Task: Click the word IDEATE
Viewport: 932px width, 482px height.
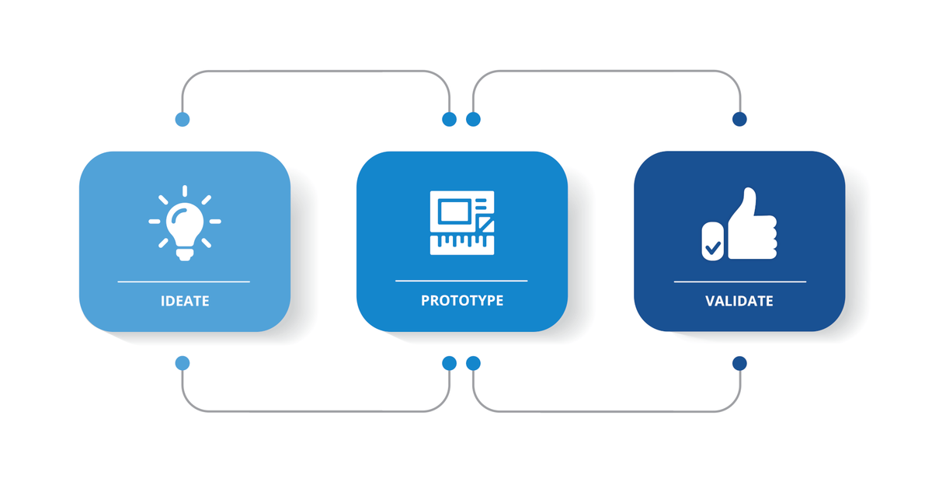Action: [185, 301]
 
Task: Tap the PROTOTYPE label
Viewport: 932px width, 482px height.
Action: [462, 300]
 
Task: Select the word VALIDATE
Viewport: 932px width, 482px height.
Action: [739, 301]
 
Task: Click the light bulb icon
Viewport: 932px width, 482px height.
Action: [185, 223]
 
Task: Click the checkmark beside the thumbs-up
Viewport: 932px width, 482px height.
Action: [713, 248]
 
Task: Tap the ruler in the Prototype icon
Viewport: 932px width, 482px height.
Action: [462, 245]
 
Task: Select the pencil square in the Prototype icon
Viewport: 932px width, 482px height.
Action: [485, 224]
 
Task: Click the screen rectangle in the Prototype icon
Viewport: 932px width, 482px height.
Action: [454, 211]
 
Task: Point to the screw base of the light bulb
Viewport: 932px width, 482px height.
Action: [185, 254]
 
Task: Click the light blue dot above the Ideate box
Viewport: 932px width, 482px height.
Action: [183, 120]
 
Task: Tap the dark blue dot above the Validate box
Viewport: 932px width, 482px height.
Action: [739, 119]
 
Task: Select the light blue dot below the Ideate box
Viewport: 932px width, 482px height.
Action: [183, 363]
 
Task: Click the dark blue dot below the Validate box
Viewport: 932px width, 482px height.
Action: [739, 364]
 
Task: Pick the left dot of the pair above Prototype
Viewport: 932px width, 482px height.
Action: [449, 120]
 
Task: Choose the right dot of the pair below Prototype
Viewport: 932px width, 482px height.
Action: [473, 363]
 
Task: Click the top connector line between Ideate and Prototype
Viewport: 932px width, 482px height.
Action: [316, 72]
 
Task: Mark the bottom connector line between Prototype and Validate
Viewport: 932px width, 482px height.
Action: [607, 411]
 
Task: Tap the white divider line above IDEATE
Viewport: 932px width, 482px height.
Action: [184, 281]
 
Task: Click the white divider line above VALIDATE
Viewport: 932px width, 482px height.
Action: [739, 281]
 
